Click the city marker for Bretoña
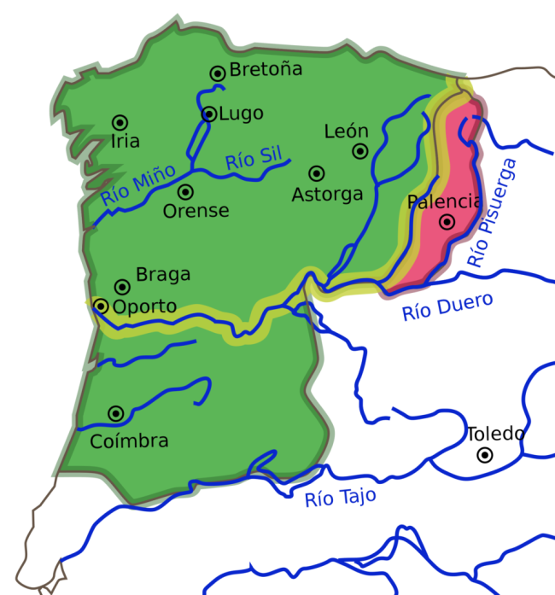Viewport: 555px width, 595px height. click(218, 73)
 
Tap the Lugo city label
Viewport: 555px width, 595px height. click(242, 114)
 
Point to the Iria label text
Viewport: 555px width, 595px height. click(125, 142)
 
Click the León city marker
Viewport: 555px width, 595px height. click(360, 151)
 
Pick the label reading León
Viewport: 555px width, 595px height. click(346, 131)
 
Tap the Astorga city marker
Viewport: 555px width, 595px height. click(317, 172)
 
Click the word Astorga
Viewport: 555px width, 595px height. click(327, 195)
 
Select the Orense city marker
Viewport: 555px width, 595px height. click(185, 192)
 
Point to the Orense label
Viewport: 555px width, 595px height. click(196, 211)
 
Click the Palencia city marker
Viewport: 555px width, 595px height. click(446, 222)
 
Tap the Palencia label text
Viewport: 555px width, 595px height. click(445, 202)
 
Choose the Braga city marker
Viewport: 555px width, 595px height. click(122, 287)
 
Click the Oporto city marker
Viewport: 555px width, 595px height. click(102, 306)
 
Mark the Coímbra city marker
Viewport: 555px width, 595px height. click(115, 414)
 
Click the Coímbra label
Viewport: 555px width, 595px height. click(129, 440)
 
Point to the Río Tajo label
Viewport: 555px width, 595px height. click(340, 498)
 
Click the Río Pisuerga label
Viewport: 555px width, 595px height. click(494, 213)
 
